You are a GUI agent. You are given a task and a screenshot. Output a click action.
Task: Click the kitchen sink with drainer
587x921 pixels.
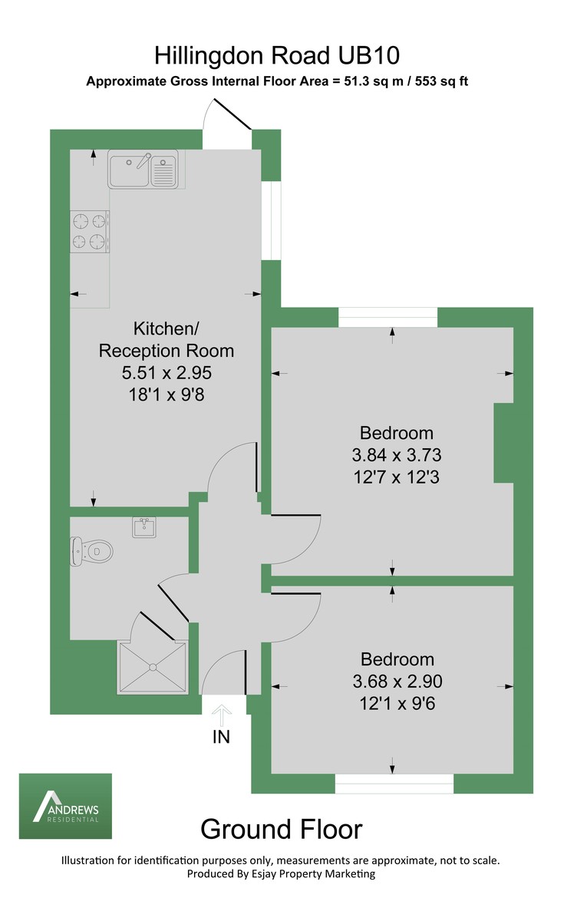tap(143, 170)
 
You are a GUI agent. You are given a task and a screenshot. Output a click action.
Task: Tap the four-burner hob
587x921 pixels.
tap(88, 232)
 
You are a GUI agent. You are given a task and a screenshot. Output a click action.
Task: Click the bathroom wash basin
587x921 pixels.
tap(144, 527)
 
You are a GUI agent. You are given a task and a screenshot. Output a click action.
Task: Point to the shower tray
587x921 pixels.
tap(153, 667)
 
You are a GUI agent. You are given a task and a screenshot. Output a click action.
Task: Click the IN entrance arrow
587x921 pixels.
tap(222, 715)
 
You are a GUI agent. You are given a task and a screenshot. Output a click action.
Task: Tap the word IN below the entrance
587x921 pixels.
tap(221, 738)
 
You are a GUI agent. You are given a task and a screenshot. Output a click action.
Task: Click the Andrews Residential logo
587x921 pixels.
tap(65, 806)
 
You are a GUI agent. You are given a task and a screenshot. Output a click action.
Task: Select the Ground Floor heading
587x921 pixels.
tap(281, 829)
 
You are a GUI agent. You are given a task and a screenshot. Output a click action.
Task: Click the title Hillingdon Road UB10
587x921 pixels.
tap(277, 55)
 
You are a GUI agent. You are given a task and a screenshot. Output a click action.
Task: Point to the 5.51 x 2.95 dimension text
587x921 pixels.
tap(167, 373)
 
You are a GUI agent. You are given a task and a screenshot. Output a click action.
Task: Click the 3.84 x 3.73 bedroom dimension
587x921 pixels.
tap(397, 454)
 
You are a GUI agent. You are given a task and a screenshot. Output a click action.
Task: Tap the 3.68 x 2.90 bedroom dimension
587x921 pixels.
tap(397, 681)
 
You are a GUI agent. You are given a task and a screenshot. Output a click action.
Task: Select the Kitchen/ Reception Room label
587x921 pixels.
tap(167, 340)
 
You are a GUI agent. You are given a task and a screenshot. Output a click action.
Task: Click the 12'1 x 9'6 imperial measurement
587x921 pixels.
tap(397, 702)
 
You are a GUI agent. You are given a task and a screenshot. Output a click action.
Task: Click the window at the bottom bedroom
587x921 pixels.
tap(394, 783)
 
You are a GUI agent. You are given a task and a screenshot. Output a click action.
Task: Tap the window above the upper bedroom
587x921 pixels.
tap(388, 317)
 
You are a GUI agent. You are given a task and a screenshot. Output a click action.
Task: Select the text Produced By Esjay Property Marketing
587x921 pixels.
tap(281, 873)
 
